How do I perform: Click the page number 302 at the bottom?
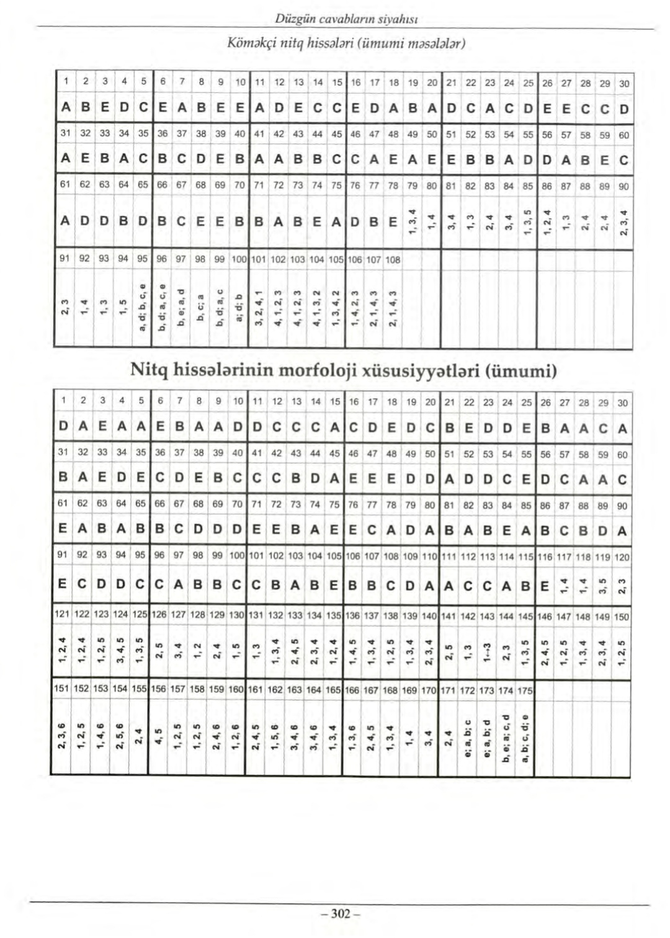click(337, 914)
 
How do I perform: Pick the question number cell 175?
click(525, 689)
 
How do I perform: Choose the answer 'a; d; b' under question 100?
click(238, 308)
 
